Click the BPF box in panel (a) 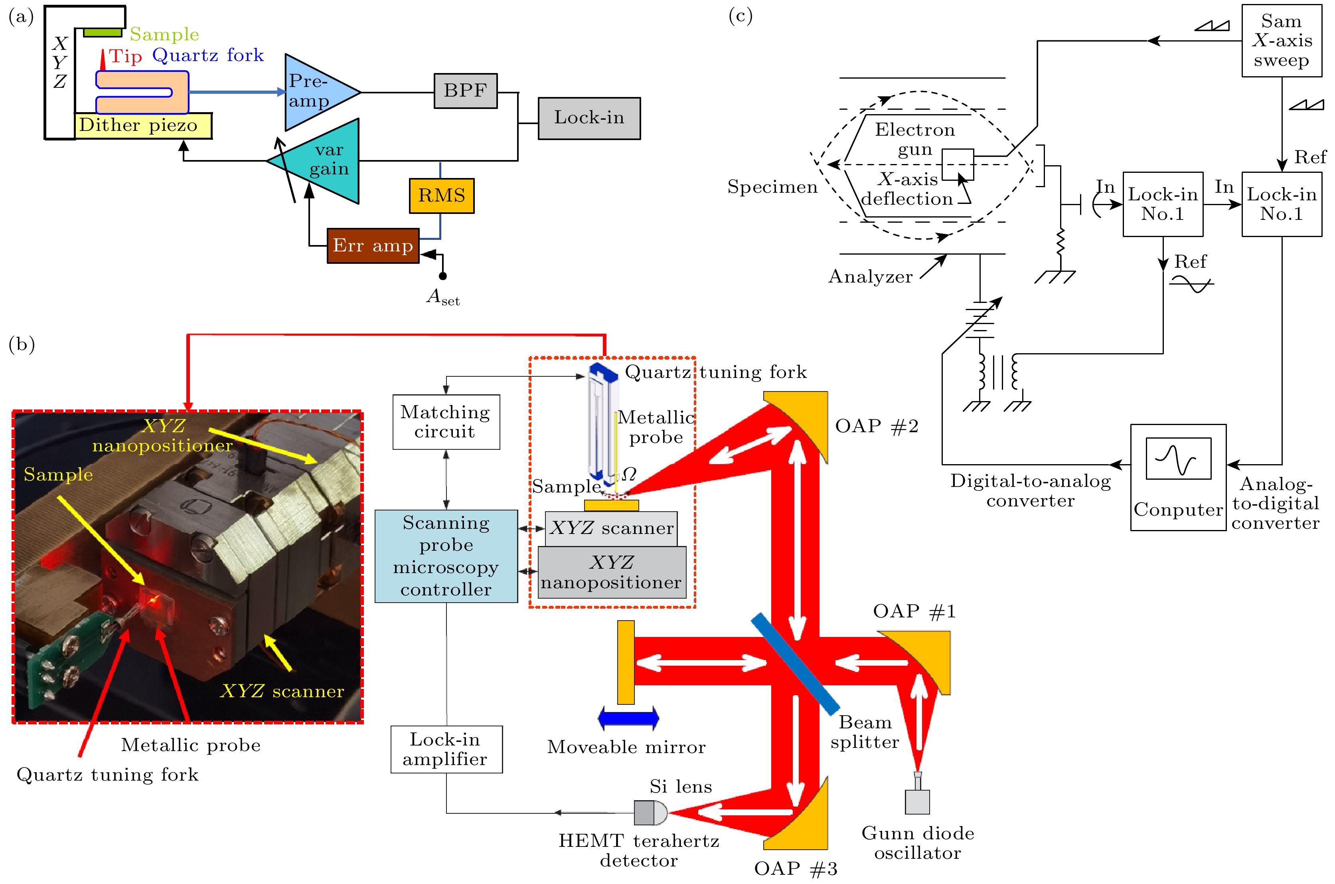click(466, 91)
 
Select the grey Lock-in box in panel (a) click(589, 118)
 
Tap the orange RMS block click(442, 196)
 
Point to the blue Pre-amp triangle click(315, 92)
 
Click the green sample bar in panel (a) click(103, 33)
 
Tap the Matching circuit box click(446, 422)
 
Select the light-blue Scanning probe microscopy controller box click(446, 556)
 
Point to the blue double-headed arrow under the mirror click(628, 718)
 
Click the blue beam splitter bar click(795, 664)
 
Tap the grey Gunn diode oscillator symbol click(917, 797)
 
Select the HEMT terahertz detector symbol click(650, 813)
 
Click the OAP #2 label click(876, 426)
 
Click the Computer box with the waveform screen click(1178, 477)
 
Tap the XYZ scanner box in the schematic click(611, 528)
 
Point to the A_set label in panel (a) click(443, 297)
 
